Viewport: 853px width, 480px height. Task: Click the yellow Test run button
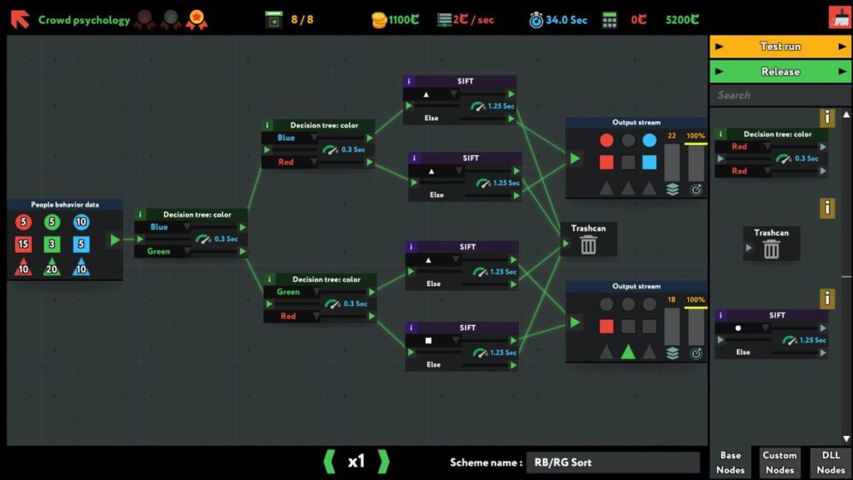click(780, 47)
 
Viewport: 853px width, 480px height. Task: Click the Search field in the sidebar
click(780, 95)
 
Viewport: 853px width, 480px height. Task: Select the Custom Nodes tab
click(779, 462)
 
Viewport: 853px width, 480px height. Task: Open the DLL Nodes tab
click(831, 462)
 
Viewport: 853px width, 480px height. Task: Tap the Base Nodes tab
click(730, 462)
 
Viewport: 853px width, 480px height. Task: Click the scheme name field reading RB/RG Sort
click(612, 462)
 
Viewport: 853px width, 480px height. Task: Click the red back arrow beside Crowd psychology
click(20, 19)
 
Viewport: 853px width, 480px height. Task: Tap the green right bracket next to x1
click(383, 462)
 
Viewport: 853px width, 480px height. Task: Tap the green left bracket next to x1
click(329, 462)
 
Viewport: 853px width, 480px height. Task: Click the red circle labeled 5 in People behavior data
click(23, 222)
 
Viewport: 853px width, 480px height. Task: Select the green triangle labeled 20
click(52, 267)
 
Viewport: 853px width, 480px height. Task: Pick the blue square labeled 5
click(81, 244)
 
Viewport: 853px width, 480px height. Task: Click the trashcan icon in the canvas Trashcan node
click(588, 245)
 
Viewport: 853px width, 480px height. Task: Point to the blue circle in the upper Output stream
click(649, 140)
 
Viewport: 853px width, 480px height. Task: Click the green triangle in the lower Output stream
click(628, 352)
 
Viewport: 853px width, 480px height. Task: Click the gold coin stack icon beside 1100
click(379, 20)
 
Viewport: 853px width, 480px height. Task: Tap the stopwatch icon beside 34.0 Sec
click(536, 20)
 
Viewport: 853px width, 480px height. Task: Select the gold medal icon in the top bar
click(197, 20)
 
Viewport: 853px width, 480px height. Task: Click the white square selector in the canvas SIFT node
click(428, 341)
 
